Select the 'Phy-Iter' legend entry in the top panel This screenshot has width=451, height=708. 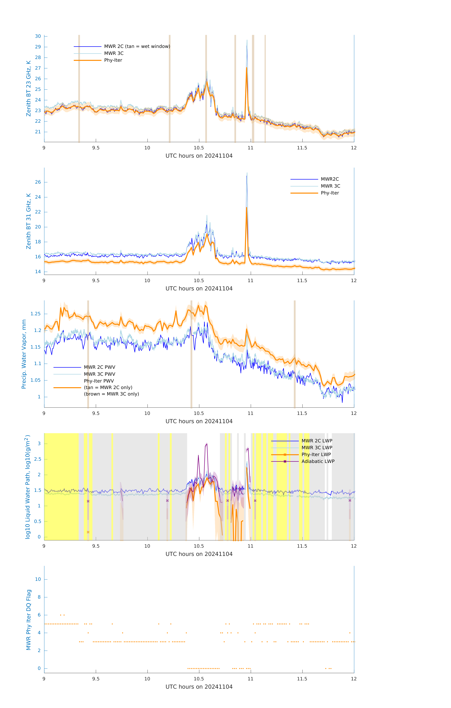click(113, 60)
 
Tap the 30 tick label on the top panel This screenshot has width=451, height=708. click(38, 36)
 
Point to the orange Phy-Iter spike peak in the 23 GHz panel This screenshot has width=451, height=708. click(247, 68)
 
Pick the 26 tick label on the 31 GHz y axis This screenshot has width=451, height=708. click(38, 182)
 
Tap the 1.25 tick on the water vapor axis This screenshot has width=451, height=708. click(36, 314)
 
